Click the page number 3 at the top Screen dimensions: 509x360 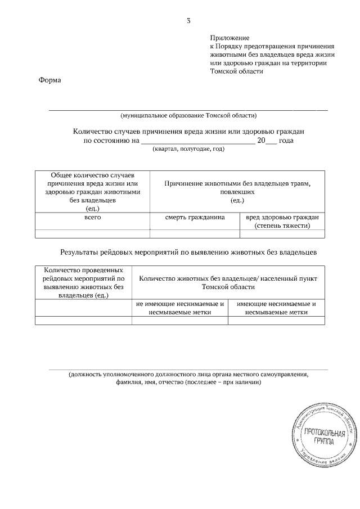(x=189, y=21)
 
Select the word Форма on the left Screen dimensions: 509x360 (x=49, y=80)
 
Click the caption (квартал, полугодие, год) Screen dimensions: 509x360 (x=188, y=149)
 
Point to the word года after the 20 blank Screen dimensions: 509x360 (x=286, y=140)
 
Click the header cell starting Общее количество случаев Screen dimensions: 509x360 (x=92, y=192)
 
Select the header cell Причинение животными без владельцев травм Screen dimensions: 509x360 (x=237, y=192)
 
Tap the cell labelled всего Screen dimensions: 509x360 (x=92, y=218)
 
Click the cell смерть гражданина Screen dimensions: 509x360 (x=195, y=218)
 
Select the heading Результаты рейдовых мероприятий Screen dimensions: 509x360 (x=188, y=253)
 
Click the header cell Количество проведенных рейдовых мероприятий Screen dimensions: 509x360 (x=83, y=282)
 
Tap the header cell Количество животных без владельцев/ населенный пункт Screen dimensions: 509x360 (x=228, y=282)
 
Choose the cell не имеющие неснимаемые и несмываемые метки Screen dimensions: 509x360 (x=179, y=308)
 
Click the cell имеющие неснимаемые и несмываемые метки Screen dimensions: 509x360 (x=276, y=308)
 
